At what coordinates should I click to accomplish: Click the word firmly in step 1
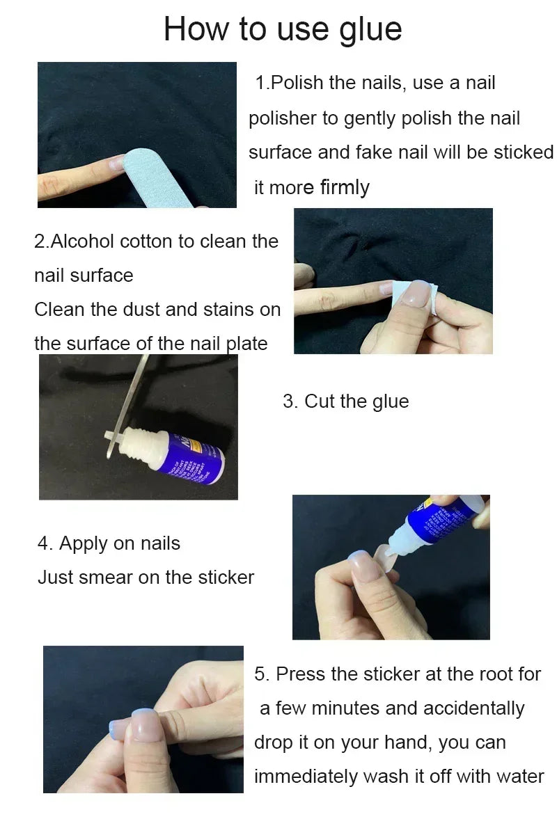point(345,187)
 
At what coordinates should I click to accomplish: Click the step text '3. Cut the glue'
point(345,401)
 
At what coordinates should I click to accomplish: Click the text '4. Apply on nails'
point(109,543)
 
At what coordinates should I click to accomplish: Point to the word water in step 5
point(519,777)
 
